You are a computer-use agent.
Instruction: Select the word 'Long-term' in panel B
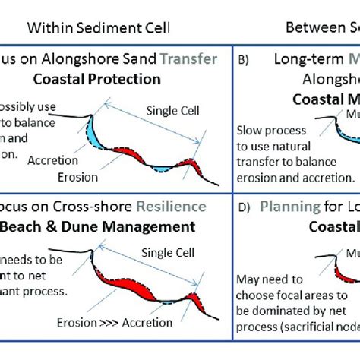295,59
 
